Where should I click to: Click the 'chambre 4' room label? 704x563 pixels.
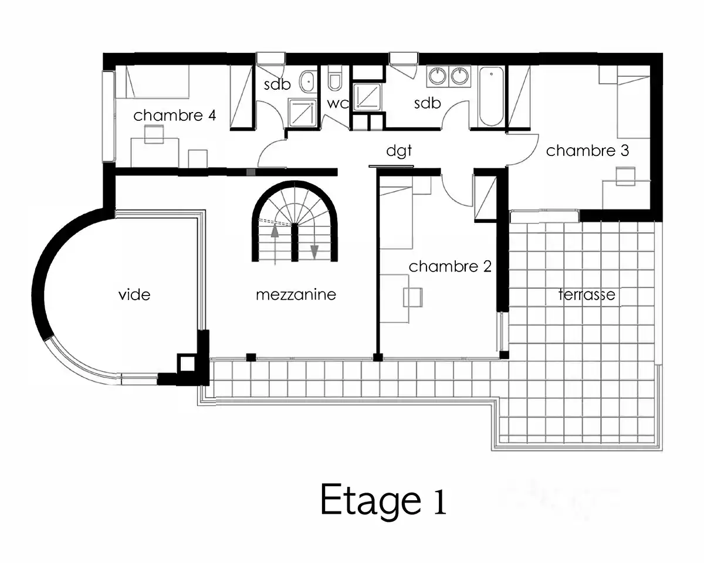point(175,115)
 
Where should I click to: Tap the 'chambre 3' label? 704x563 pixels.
point(587,151)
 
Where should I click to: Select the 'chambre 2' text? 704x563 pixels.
point(450,267)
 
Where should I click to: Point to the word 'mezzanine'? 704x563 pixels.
point(296,295)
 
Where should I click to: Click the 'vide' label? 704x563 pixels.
point(134,295)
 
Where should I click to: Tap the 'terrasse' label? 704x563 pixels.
point(587,294)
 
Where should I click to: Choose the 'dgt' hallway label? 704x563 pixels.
point(399,151)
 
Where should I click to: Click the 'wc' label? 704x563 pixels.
point(337,104)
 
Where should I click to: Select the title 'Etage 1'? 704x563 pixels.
point(384,502)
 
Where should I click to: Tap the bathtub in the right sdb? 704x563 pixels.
point(491,96)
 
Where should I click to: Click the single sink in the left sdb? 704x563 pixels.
point(308,82)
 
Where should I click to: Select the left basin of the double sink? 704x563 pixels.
point(438,76)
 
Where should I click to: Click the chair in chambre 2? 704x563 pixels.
point(413,297)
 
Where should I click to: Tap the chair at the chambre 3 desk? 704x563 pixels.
point(625,177)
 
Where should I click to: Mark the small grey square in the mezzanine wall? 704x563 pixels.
point(251,172)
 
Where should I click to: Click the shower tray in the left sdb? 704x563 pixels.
point(303,113)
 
